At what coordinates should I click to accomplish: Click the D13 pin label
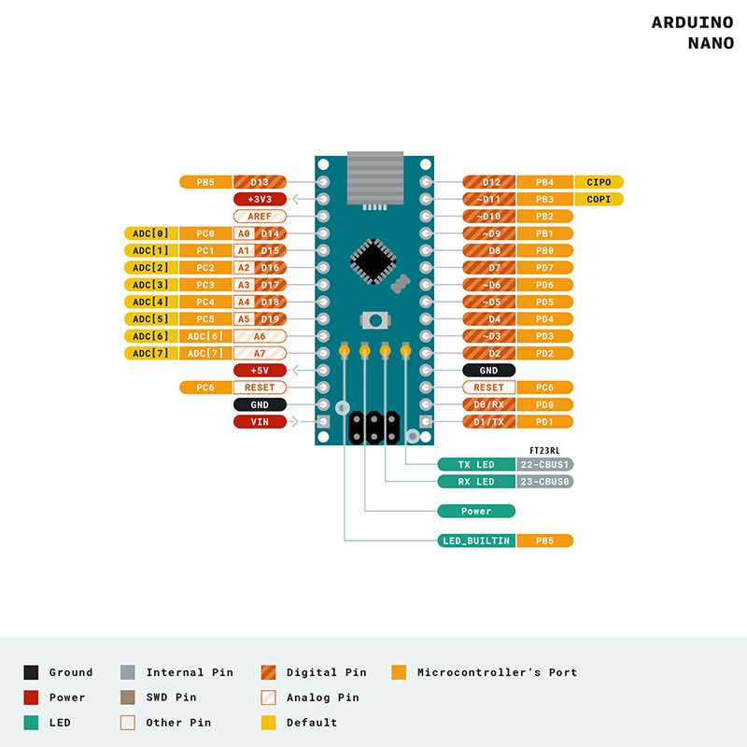point(260,182)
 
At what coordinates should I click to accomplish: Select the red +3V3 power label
point(260,199)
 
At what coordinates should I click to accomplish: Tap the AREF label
point(260,217)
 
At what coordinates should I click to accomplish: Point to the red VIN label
point(260,422)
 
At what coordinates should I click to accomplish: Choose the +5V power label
point(260,371)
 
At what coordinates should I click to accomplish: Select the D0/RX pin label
point(489,405)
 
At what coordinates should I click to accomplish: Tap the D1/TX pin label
point(489,422)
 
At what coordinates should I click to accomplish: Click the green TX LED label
point(477,464)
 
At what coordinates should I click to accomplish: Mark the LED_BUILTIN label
point(477,541)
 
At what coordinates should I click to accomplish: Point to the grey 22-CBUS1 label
point(544,464)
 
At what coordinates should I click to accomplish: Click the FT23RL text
point(544,450)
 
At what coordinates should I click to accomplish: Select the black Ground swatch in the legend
point(31,672)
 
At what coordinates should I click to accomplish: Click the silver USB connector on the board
point(373,177)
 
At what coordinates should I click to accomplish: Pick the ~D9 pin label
point(489,233)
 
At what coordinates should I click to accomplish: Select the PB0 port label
point(544,250)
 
